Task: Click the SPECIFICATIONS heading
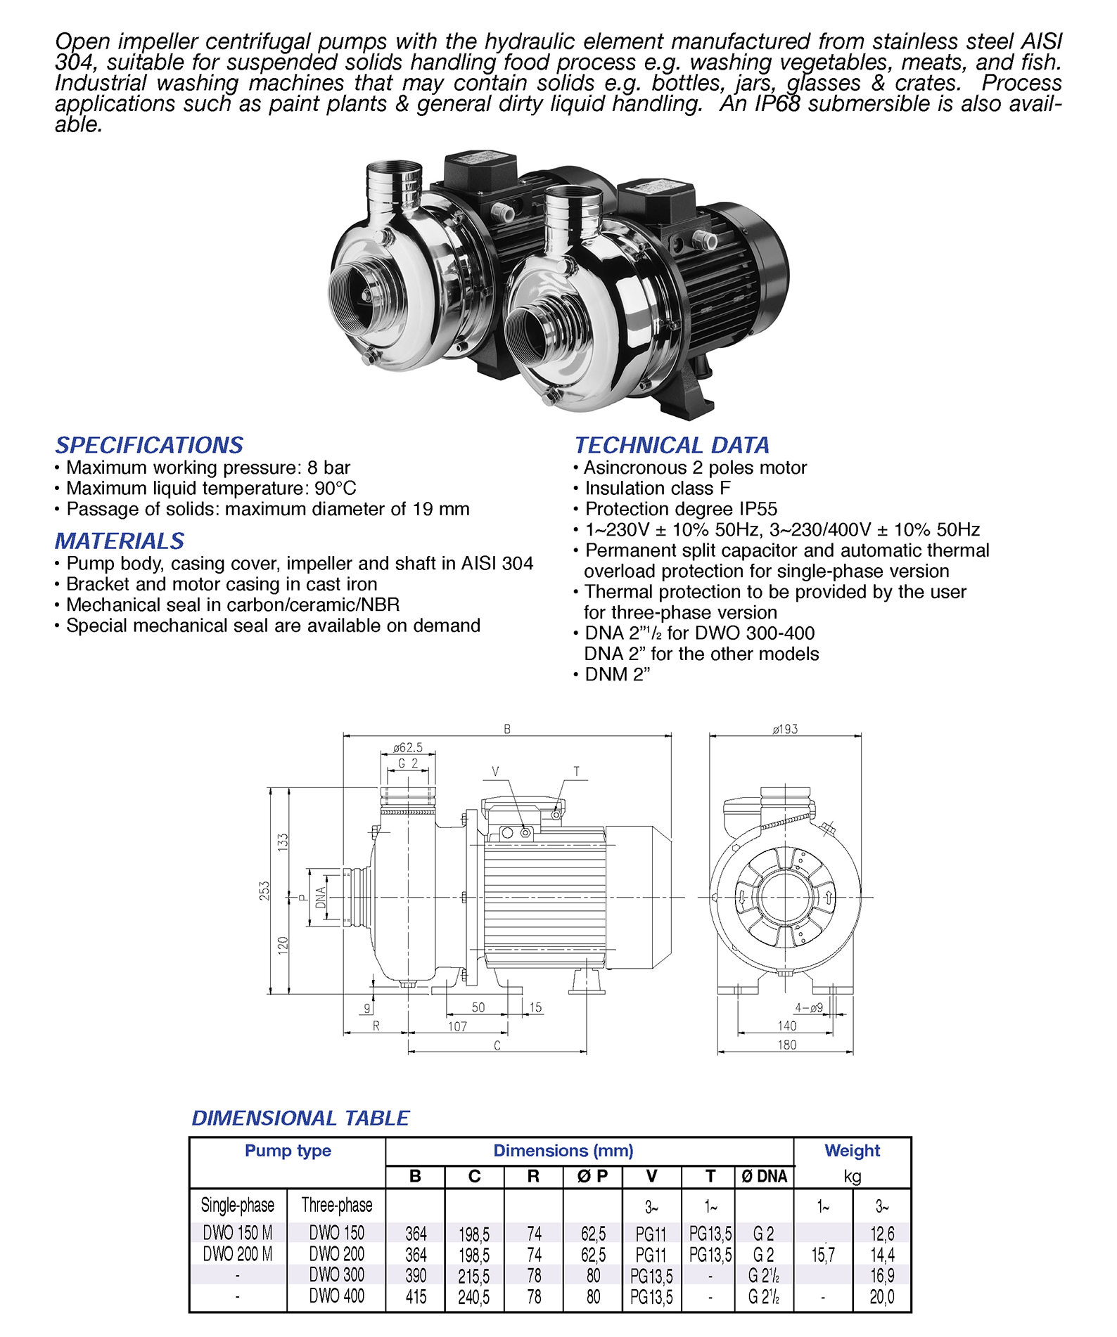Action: (x=149, y=445)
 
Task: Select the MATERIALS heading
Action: (x=120, y=541)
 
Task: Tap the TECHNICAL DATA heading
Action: (x=672, y=445)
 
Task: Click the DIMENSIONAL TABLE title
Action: (x=300, y=1118)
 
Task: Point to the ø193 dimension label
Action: (x=785, y=730)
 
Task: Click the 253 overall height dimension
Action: (x=264, y=891)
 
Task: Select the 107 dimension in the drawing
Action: (x=457, y=1026)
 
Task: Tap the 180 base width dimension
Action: (x=786, y=1045)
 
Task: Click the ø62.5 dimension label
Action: (x=408, y=747)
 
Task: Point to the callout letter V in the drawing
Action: (x=495, y=772)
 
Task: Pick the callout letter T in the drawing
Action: (x=576, y=772)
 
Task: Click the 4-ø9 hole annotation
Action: (x=809, y=1007)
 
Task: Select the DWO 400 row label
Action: (x=336, y=1296)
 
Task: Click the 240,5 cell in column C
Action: (x=474, y=1297)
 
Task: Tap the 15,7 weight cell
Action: (x=823, y=1255)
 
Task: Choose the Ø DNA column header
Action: (x=764, y=1176)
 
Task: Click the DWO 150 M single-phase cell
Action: (x=237, y=1232)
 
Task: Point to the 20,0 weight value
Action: (x=882, y=1297)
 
